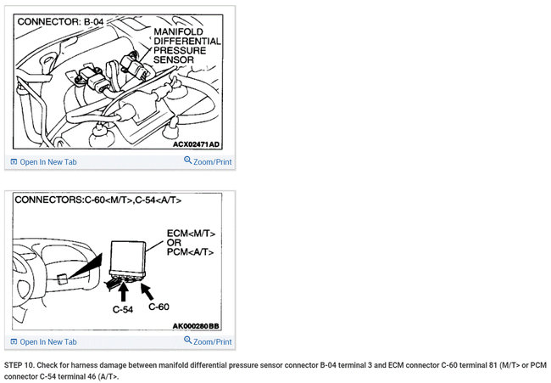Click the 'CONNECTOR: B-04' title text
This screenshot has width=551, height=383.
60,22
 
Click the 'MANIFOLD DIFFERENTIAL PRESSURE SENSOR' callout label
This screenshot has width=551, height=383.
187,46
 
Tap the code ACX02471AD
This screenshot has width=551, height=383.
196,144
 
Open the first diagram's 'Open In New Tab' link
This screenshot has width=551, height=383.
43,162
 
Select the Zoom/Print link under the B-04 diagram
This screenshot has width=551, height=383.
208,161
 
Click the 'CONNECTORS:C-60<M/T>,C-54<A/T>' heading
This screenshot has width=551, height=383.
98,200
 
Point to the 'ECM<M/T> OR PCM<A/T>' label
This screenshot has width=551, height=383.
191,243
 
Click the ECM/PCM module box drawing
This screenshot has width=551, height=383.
127,258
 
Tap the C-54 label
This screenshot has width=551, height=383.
123,309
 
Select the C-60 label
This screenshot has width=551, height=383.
159,307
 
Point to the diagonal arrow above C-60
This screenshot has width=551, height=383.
147,291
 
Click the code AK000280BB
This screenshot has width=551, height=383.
196,326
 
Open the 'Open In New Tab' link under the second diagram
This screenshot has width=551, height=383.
43,342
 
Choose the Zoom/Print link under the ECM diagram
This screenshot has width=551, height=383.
208,341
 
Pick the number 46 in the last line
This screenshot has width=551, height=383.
92,376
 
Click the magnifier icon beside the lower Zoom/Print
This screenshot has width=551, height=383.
187,340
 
